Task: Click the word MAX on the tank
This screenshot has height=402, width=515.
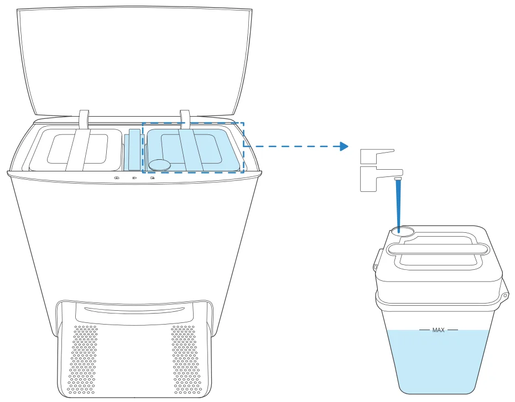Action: click(439, 330)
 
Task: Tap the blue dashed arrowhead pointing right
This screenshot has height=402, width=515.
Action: click(344, 146)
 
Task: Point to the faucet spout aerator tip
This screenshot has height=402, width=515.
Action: click(398, 179)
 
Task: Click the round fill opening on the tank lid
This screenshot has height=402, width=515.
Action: click(403, 231)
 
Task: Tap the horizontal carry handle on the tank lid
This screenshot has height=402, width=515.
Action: click(439, 249)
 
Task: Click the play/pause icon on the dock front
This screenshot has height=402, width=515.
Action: click(134, 178)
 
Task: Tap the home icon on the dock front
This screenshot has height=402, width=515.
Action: click(117, 178)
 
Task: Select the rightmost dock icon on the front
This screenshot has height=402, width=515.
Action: click(153, 178)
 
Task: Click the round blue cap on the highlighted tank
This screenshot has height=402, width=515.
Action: click(160, 165)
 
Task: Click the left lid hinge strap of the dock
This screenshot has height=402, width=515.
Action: click(84, 119)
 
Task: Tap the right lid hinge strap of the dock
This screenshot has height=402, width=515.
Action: click(185, 119)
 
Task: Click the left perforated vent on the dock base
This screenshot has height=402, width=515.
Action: click(83, 359)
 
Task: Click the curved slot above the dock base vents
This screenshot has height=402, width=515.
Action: click(134, 309)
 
